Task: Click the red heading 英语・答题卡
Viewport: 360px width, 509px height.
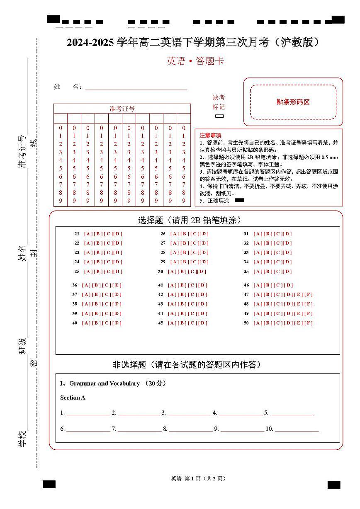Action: pos(195,61)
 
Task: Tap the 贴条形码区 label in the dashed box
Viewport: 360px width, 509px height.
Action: pos(293,102)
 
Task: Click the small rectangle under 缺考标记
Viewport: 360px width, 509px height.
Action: pos(219,116)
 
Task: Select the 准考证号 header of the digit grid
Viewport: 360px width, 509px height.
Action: pos(122,109)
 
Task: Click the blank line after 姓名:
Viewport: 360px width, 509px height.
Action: pos(136,87)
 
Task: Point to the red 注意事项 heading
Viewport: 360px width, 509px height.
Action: pos(210,135)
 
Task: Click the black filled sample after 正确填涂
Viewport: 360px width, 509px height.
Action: pos(239,200)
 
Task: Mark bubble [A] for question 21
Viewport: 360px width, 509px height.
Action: pos(88,234)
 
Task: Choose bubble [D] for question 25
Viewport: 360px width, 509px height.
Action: pos(118,272)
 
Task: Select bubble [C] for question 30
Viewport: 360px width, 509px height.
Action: pos(192,272)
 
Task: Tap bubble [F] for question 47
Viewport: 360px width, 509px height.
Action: pos(309,295)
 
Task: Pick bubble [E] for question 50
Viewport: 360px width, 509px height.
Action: pos(298,323)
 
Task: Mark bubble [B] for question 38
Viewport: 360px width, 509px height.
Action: pos(96,304)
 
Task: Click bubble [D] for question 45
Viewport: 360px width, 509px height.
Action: pos(203,323)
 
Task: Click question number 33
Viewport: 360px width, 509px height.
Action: pos(246,252)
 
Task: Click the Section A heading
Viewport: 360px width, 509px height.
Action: pos(73,398)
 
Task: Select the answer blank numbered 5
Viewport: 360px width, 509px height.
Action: pos(292,413)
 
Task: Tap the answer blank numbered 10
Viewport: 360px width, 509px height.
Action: pos(297,429)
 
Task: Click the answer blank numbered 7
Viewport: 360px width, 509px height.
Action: pos(139,429)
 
